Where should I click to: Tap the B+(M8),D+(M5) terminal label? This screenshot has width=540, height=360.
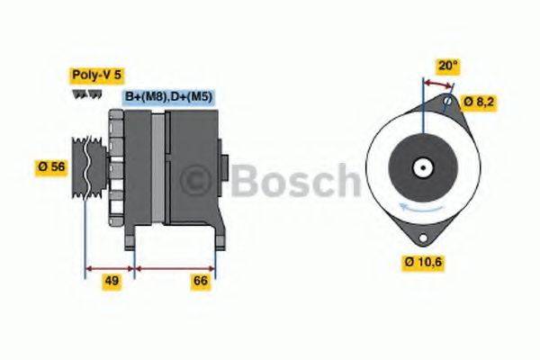[x=168, y=96]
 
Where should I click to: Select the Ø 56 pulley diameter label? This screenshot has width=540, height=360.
[x=52, y=166]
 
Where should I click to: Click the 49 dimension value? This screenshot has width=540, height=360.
[x=112, y=282]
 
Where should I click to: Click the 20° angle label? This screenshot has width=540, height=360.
[x=447, y=65]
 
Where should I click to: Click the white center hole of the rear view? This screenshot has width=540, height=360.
[x=421, y=167]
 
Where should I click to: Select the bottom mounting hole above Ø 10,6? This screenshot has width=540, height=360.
[x=419, y=238]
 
